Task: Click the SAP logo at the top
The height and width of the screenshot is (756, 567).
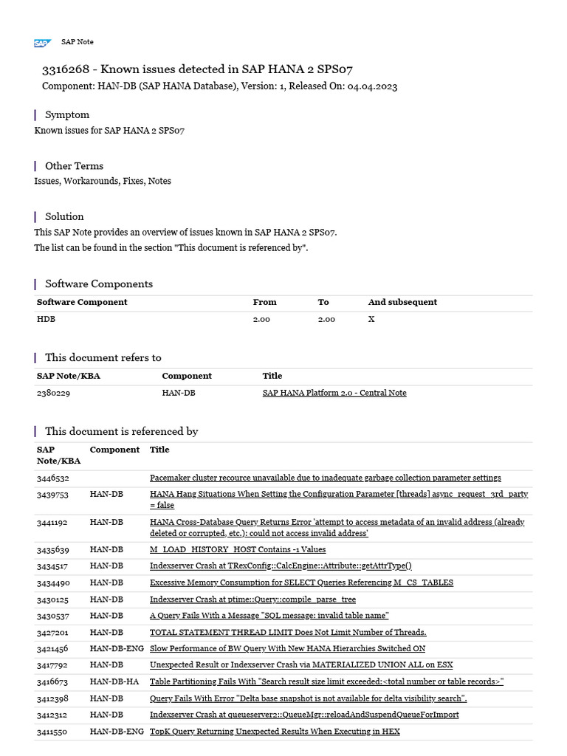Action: [x=42, y=43]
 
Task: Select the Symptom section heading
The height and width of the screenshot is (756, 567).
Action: [x=67, y=114]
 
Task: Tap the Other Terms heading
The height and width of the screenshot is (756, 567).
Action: [x=74, y=165]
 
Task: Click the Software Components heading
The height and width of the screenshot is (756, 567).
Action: [x=99, y=283]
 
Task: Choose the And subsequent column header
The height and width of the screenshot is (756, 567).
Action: [x=402, y=302]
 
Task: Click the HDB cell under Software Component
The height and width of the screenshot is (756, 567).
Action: [x=46, y=319]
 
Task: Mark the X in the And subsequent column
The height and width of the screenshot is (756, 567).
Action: [x=371, y=319]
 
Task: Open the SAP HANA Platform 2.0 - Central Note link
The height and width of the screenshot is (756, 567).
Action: [x=334, y=393]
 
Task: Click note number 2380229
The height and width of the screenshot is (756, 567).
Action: [x=53, y=393]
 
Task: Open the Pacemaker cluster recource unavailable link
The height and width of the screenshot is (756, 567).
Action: [x=325, y=478]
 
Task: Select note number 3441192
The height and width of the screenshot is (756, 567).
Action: [x=52, y=522]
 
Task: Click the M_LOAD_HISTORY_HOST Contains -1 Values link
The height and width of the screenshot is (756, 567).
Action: [x=237, y=549]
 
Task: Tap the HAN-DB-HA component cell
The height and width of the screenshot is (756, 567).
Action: [x=114, y=681]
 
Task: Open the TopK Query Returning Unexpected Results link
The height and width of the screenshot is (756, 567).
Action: [x=275, y=731]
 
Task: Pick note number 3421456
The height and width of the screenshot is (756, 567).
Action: [x=52, y=648]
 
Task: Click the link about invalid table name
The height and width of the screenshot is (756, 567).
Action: [x=269, y=615]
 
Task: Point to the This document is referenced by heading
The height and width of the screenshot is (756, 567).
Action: [x=121, y=431]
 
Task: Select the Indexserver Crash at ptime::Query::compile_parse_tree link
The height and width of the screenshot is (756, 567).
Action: [x=252, y=599]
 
